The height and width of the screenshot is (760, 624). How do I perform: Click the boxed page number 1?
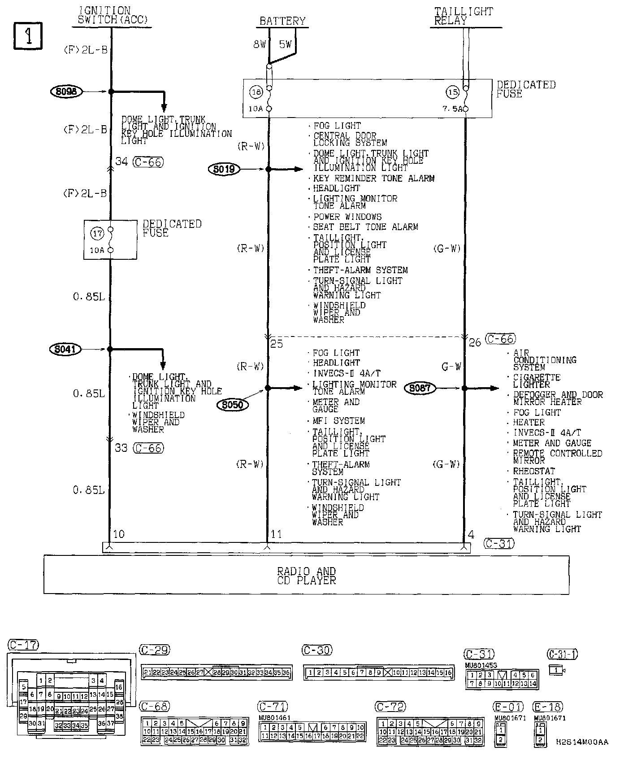pos(28,36)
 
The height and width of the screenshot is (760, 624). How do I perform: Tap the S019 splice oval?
pos(224,169)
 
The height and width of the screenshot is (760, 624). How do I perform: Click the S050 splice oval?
pos(232,405)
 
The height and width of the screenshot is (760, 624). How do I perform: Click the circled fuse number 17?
pos(97,233)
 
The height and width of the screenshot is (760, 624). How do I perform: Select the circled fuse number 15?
pos(452,92)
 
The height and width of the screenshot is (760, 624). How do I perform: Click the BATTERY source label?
pos(282,21)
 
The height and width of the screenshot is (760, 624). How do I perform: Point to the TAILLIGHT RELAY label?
pos(463,16)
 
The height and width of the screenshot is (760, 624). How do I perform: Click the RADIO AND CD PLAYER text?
pos(306,576)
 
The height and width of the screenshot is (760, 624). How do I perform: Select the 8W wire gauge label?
pos(260,44)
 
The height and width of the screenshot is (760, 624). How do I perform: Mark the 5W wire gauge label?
pos(285,44)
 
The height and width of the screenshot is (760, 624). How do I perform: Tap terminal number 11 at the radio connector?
pos(276,534)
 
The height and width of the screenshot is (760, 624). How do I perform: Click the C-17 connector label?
pos(23,646)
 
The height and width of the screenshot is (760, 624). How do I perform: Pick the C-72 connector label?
pos(391,707)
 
